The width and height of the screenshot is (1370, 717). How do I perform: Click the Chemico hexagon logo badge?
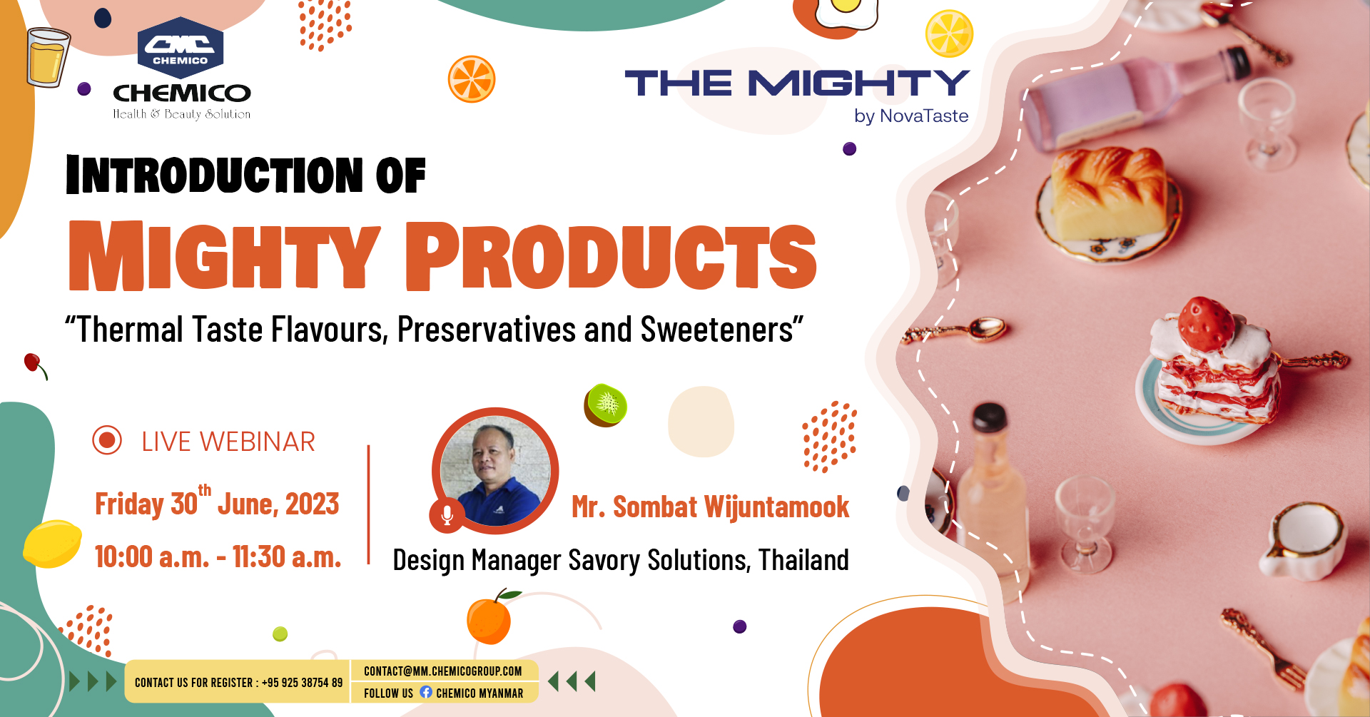pos(181,48)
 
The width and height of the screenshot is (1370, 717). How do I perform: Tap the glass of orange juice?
pos(48,57)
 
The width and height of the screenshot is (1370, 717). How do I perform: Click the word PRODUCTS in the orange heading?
pos(612,256)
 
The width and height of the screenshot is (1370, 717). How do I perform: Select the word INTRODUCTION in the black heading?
pos(215,175)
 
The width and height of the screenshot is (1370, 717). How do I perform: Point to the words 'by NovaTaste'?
pos(911,116)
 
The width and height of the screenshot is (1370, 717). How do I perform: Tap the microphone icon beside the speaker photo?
pos(447,515)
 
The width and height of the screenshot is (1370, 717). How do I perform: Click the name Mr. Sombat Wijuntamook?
pos(710,507)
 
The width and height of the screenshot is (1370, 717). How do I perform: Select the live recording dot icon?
pos(107,440)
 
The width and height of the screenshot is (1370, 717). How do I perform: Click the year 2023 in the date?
pos(313,504)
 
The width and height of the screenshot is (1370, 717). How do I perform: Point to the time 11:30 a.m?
pos(287,557)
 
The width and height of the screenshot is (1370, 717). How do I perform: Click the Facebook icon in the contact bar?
pos(426,692)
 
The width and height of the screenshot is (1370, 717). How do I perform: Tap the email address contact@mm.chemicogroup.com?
pos(443,671)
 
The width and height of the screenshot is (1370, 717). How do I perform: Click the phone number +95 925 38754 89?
pos(302,683)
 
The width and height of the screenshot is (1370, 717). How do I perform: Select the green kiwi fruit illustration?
pos(606,405)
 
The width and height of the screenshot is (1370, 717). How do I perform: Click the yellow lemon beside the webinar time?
pos(52,544)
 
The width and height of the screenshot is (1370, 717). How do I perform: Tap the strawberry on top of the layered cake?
pos(1205,324)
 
